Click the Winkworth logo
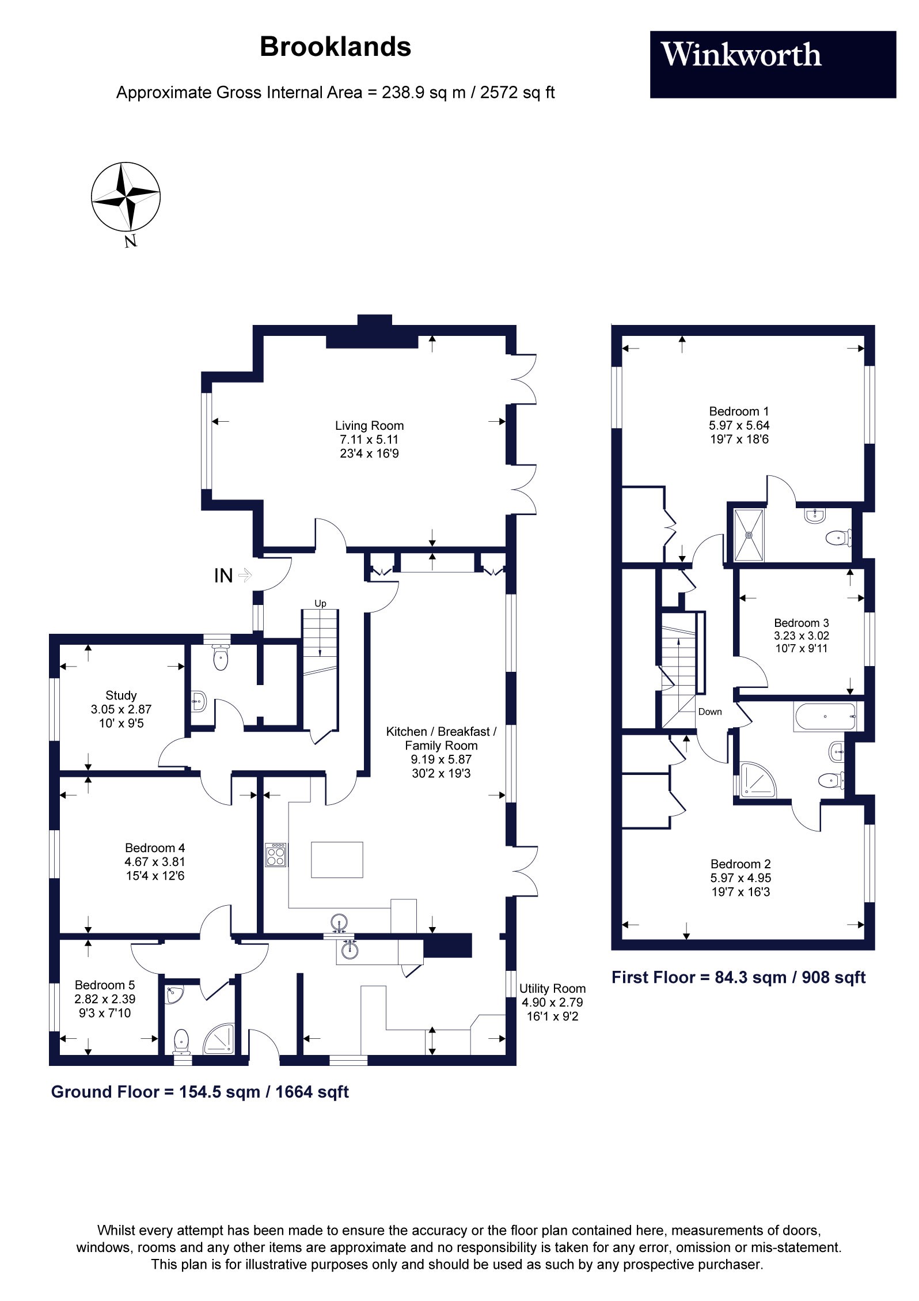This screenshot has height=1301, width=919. coord(773,64)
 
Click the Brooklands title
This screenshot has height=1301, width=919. coord(335,47)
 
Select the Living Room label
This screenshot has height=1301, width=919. coord(369,426)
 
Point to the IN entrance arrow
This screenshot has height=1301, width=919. coord(245,575)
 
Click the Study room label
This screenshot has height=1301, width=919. coord(121,695)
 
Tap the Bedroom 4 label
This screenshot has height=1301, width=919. coord(155,848)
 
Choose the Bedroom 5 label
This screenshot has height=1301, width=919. coord(104,985)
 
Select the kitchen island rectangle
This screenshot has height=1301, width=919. coord(337,860)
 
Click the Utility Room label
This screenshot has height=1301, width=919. coord(552,989)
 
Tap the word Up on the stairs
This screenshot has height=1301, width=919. coord(320,603)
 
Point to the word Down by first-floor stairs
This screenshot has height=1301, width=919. coord(710,712)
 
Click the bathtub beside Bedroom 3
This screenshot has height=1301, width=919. coord(825,717)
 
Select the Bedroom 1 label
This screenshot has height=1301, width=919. coord(739,411)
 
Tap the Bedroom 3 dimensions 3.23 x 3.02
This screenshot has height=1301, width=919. coord(802,636)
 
